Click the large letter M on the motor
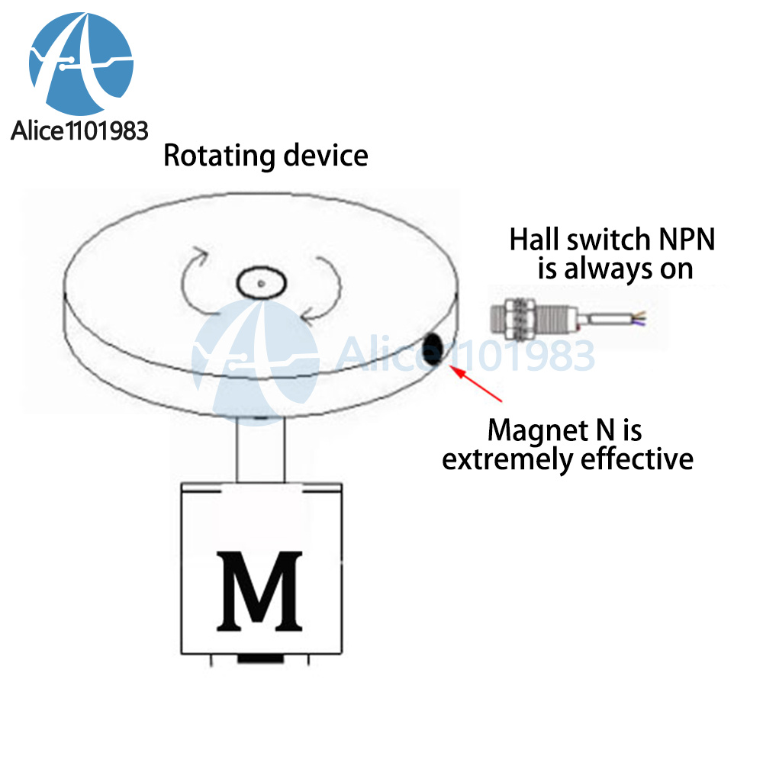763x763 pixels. pyautogui.click(x=259, y=591)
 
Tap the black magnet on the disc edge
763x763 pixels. pyautogui.click(x=432, y=349)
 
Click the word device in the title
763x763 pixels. pyautogui.click(x=326, y=155)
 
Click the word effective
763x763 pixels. pyautogui.click(x=637, y=459)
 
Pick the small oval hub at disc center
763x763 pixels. pyautogui.click(x=261, y=283)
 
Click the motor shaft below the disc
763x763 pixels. pyautogui.click(x=260, y=449)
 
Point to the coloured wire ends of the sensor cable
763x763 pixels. pyautogui.click(x=639, y=319)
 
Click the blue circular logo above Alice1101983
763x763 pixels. pyautogui.click(x=81, y=64)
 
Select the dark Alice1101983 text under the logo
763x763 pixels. pyautogui.click(x=79, y=131)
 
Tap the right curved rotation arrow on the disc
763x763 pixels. pyautogui.click(x=323, y=289)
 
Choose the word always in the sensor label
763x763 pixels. pyautogui.click(x=607, y=269)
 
